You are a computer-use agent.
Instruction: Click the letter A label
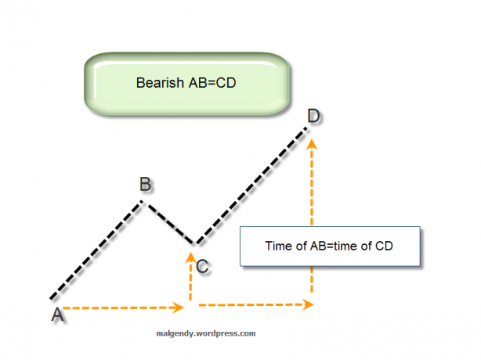[57, 315]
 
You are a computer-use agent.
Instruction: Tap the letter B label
[145, 184]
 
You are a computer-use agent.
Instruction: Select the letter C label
[202, 266]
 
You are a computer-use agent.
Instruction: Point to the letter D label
[313, 116]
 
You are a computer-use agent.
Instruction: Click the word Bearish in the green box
[160, 83]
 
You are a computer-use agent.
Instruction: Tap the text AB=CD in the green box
[212, 83]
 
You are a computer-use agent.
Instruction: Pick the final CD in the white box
[384, 246]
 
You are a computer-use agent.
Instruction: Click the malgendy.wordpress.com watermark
[206, 333]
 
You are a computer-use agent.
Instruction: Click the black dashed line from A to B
[96, 250]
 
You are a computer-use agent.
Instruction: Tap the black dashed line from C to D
[251, 185]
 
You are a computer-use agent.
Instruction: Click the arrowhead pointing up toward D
[312, 144]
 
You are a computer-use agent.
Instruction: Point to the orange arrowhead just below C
[190, 257]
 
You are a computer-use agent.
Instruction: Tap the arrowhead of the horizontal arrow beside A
[178, 308]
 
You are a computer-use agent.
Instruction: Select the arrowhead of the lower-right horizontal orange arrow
[308, 304]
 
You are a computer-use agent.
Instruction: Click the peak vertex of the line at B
[143, 201]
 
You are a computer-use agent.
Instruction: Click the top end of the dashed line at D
[307, 128]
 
